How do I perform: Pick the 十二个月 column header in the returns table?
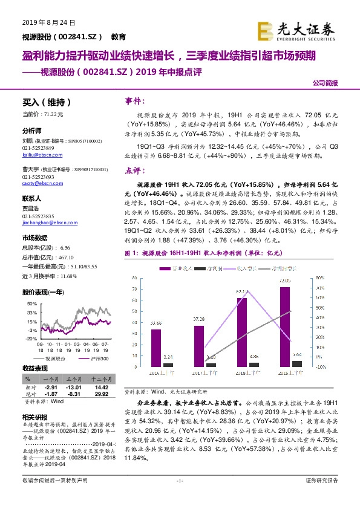(x=101, y=378)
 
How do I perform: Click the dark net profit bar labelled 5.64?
(x=296, y=363)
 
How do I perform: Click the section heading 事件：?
(x=135, y=101)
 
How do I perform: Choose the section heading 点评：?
(x=135, y=171)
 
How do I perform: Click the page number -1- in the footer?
(x=179, y=496)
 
